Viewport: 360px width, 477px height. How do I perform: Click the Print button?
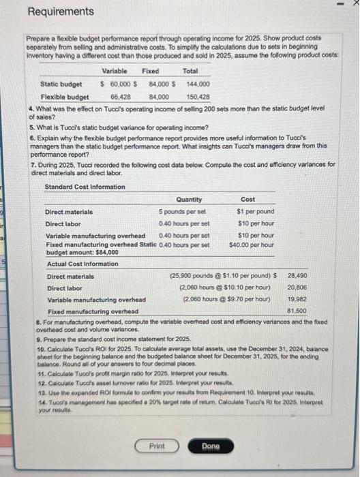tap(157, 446)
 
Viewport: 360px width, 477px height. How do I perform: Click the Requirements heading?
tap(61, 12)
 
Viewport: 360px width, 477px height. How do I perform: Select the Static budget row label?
tap(61, 84)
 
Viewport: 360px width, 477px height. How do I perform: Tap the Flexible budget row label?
tap(64, 96)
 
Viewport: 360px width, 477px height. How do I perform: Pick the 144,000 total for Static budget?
tap(198, 84)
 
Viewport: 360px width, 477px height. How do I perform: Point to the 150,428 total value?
tap(198, 96)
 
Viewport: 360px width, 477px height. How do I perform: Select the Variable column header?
tap(115, 71)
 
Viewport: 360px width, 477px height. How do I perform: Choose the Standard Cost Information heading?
tap(85, 187)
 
